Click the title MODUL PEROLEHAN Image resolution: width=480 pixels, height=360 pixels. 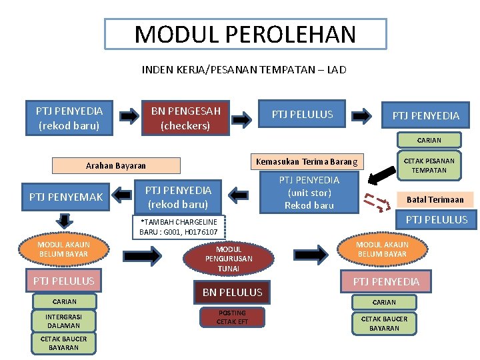pyautogui.click(x=245, y=34)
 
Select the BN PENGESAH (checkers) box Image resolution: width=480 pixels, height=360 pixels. pyautogui.click(x=185, y=117)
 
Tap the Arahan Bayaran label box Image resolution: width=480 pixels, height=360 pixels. pyautogui.click(x=116, y=165)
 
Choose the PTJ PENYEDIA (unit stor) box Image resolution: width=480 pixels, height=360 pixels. pyautogui.click(x=309, y=193)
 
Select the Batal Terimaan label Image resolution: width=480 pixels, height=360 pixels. pyautogui.click(x=435, y=199)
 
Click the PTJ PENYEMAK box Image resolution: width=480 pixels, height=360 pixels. pyautogui.click(x=66, y=197)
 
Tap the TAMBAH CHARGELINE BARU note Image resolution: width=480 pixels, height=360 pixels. pyautogui.click(x=179, y=227)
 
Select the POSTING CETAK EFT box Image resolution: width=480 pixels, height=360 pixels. pyautogui.click(x=232, y=317)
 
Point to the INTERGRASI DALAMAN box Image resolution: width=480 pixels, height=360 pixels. pyautogui.click(x=63, y=321)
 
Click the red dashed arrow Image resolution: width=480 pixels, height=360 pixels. pyautogui.click(x=375, y=201)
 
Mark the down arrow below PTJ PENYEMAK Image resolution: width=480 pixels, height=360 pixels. pyautogui.click(x=65, y=221)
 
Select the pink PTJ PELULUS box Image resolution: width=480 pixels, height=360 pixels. pyautogui.click(x=64, y=281)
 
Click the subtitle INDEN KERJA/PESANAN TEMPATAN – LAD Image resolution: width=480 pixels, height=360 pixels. pyautogui.click(x=244, y=69)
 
